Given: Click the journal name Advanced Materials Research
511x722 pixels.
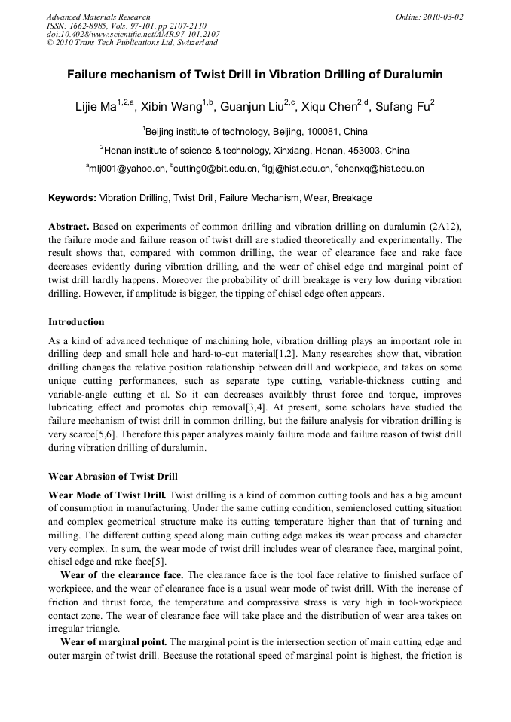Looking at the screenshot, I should click(x=98, y=17).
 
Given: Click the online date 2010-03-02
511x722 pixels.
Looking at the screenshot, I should click(x=442, y=17).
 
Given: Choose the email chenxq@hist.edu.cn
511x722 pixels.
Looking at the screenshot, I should click(x=382, y=169).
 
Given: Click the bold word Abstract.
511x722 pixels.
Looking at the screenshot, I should click(x=69, y=227).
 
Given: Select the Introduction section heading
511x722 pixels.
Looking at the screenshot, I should click(x=76, y=321).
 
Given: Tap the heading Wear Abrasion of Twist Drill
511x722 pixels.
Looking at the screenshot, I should click(x=112, y=476).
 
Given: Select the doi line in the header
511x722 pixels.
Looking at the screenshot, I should click(x=133, y=34).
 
